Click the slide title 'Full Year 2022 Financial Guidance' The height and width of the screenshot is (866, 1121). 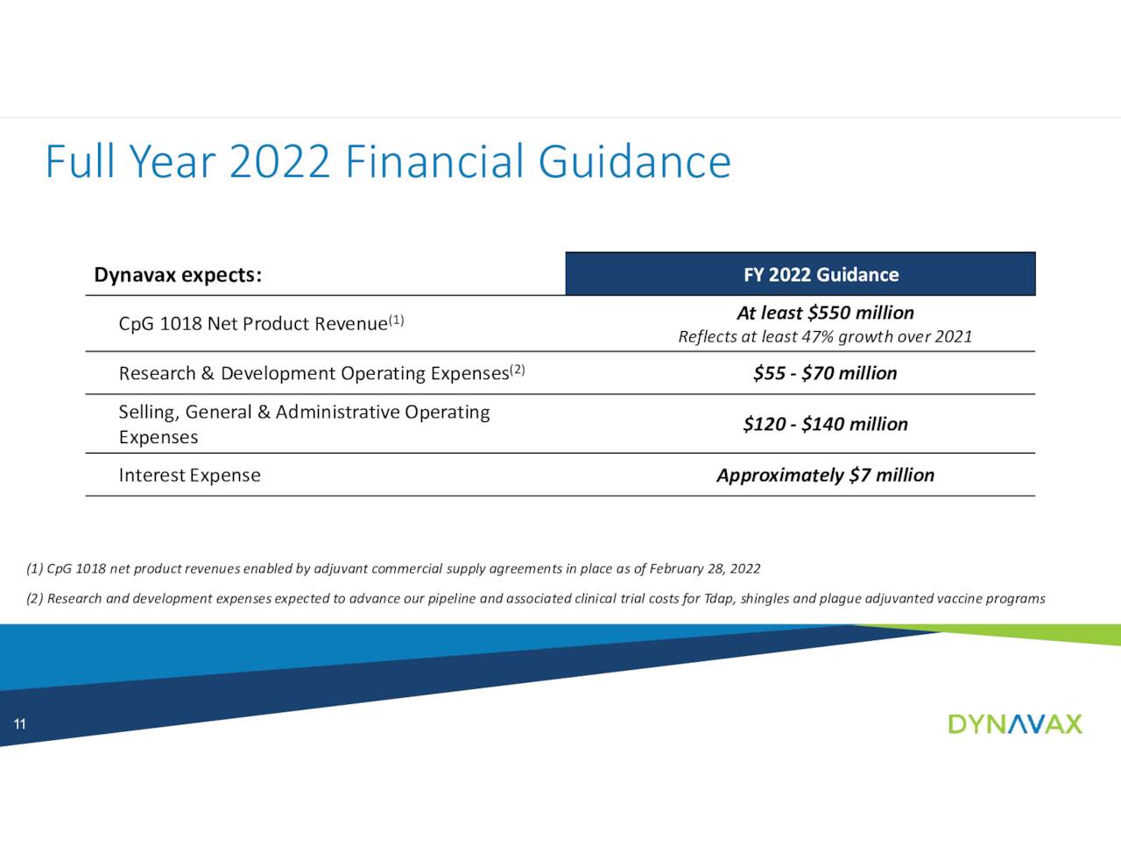tap(387, 162)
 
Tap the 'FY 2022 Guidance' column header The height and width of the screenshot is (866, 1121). tap(821, 275)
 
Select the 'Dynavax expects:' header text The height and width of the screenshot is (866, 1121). tap(178, 275)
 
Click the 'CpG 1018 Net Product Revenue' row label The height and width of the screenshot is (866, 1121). tap(253, 324)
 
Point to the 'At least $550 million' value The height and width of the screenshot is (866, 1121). tap(825, 313)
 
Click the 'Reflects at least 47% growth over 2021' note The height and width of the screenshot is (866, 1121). tap(825, 336)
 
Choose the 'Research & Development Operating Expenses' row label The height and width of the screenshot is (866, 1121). tap(314, 374)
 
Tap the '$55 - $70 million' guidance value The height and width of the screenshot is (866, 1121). tap(825, 373)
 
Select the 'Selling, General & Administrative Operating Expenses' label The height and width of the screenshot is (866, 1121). tap(304, 424)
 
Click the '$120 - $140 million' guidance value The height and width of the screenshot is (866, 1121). tap(825, 424)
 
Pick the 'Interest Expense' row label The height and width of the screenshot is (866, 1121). tap(189, 475)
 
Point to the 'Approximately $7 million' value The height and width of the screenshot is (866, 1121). tap(825, 475)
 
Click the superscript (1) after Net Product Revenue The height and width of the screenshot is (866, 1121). tap(397, 320)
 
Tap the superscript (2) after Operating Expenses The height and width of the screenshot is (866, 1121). tap(518, 370)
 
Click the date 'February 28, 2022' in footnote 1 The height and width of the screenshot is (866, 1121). tap(704, 569)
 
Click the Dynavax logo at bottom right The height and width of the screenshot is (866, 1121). tap(1015, 724)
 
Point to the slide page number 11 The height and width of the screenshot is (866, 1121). tap(19, 724)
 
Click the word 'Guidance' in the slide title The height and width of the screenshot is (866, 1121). tap(634, 162)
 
